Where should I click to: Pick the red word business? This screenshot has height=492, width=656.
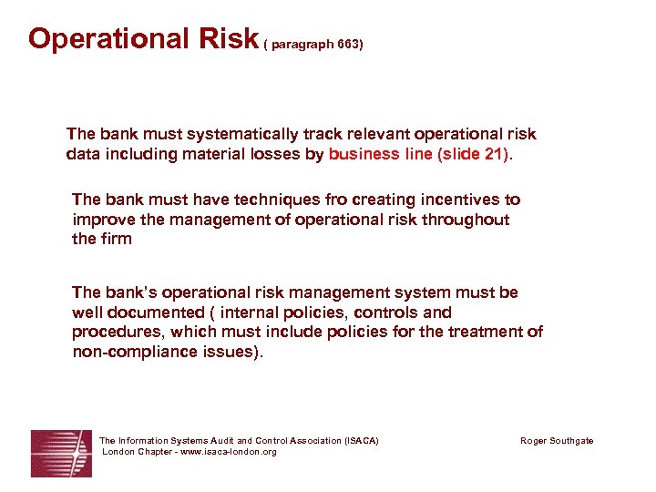point(364,154)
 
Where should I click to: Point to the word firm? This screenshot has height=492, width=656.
point(116,239)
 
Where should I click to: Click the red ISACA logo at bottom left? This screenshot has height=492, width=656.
point(61,453)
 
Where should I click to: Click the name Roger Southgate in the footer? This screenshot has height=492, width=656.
point(556,441)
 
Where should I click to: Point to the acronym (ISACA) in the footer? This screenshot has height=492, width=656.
point(362,441)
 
